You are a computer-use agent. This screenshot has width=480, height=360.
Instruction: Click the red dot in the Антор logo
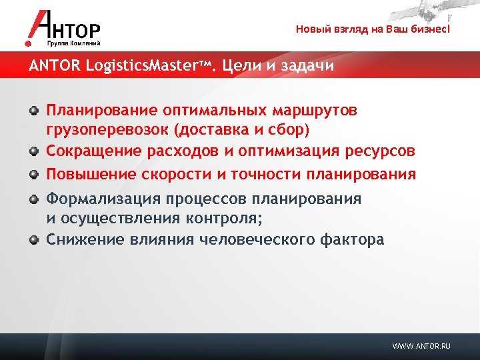click(28, 43)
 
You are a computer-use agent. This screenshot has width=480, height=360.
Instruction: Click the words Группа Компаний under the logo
click(74, 43)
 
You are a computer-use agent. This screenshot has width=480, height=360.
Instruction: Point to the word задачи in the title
click(307, 66)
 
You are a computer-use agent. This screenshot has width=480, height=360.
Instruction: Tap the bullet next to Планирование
click(34, 110)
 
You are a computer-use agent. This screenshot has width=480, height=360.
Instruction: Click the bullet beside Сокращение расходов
click(34, 151)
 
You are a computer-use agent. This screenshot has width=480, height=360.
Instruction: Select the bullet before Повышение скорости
click(34, 175)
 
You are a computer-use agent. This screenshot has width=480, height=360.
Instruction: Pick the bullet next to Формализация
click(34, 199)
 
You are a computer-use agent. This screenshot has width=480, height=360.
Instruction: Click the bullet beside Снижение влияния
click(34, 239)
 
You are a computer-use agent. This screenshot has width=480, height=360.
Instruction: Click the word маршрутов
click(315, 111)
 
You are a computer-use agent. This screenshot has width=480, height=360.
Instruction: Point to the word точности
click(266, 175)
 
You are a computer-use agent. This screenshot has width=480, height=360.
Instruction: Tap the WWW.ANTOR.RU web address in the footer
click(421, 346)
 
